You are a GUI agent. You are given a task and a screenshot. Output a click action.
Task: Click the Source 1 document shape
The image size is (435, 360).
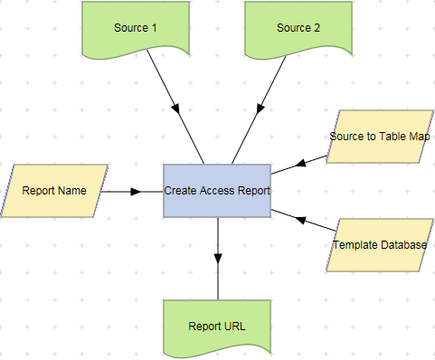point(136,29)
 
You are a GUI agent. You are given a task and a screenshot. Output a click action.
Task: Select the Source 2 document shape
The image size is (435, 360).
point(298,29)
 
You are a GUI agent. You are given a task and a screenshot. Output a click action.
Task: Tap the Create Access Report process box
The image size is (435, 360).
point(217,191)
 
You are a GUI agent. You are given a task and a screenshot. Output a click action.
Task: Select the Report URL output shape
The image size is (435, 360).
point(217,327)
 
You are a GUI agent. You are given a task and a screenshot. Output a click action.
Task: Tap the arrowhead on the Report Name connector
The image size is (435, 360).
point(136,192)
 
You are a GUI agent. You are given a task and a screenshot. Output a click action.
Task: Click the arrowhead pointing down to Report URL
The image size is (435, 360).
point(218,258)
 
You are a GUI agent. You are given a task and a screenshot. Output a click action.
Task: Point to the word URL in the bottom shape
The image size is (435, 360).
point(234,327)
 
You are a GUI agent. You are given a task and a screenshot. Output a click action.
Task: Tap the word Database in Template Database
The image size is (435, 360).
point(401,245)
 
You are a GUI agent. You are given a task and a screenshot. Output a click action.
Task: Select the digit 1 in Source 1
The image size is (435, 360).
point(155,28)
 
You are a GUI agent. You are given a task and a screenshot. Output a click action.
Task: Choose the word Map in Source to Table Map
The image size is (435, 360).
point(419,137)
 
